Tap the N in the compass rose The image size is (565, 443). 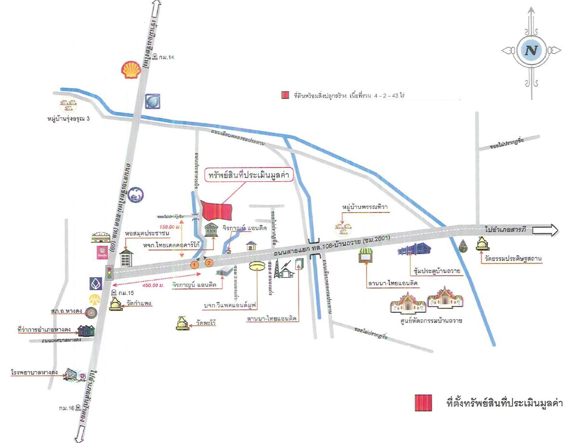click(x=531, y=50)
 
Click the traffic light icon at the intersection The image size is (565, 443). click(x=109, y=273)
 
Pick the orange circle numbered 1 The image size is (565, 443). click(x=195, y=264)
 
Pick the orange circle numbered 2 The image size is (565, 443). click(x=209, y=263)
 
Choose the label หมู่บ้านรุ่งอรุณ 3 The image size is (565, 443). click(x=68, y=119)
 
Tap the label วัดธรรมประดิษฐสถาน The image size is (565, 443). click(x=514, y=259)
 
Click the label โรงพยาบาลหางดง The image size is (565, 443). click(x=34, y=373)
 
